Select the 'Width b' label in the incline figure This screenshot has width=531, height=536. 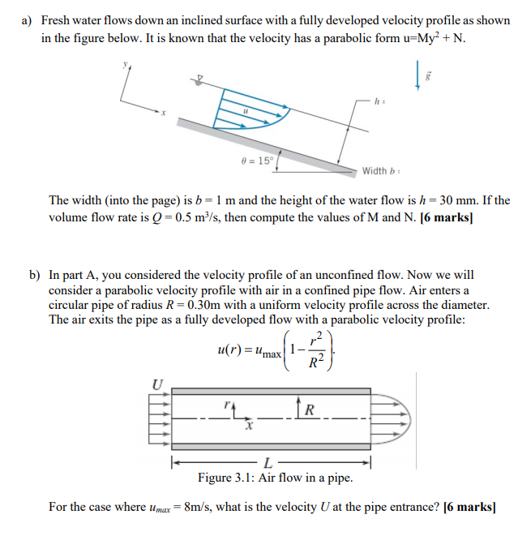[377, 170]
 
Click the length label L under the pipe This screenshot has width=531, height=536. [270, 463]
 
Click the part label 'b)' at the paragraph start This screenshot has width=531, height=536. [35, 275]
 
